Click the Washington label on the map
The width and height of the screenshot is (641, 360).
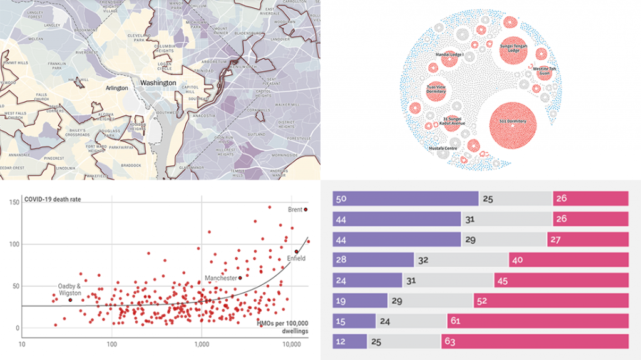(158, 83)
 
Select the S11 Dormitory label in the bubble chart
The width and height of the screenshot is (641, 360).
(513, 121)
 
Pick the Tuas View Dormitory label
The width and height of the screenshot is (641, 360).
(436, 89)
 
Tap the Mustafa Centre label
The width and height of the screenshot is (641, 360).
(443, 148)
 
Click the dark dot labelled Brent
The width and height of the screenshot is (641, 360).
(305, 210)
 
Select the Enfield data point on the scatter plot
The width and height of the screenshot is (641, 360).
(297, 252)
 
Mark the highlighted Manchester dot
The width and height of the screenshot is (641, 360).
(240, 278)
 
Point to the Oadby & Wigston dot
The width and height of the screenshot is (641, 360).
(70, 300)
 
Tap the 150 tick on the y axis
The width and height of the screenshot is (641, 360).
(14, 201)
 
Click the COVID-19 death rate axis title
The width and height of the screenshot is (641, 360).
(53, 200)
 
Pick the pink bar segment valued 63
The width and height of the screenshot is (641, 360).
(535, 341)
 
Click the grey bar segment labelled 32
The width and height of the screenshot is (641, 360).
(461, 260)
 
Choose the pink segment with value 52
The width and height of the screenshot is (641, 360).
(551, 301)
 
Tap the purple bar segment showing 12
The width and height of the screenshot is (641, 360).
(350, 341)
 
